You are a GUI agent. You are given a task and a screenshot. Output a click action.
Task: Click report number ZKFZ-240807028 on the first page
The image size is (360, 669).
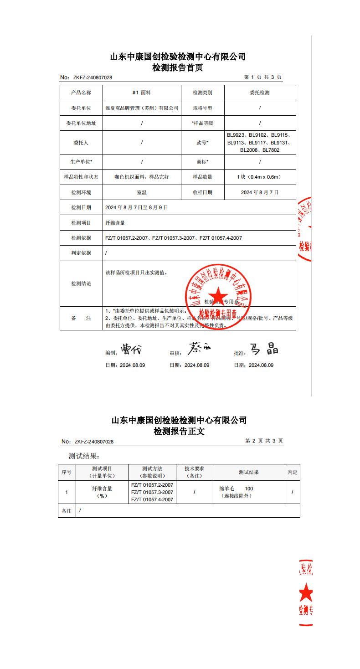(x=93, y=78)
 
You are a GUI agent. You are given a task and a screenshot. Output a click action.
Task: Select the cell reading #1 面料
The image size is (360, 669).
(x=142, y=93)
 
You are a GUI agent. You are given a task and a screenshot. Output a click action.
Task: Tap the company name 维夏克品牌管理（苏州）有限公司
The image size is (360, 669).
(x=142, y=108)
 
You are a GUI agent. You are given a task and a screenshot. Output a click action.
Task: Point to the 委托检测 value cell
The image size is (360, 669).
(x=260, y=93)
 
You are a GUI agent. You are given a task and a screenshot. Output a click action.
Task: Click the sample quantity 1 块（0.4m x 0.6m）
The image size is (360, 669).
(x=260, y=177)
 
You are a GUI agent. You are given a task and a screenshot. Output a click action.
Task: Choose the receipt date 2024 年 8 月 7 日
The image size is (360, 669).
(x=260, y=192)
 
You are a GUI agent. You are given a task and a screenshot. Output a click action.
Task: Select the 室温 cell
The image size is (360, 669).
(x=142, y=192)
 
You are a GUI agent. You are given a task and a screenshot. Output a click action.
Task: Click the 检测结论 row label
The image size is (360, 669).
(x=81, y=283)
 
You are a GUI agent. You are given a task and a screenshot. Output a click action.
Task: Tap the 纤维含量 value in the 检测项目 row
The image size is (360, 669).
(x=115, y=223)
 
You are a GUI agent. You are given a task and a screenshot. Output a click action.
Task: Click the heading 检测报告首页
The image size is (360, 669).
(x=178, y=68)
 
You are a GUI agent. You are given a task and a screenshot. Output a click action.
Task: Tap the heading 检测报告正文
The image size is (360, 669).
(x=179, y=431)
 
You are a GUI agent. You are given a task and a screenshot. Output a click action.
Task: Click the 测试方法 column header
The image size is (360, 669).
(x=152, y=472)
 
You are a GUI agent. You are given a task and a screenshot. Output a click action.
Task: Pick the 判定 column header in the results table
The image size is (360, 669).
(x=293, y=472)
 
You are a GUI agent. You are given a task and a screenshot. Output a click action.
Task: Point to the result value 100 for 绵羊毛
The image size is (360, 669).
(x=249, y=489)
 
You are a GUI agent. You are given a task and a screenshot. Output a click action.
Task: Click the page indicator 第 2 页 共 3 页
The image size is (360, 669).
(x=264, y=441)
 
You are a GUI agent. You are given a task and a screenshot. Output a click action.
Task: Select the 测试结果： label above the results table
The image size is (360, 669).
(x=84, y=456)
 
